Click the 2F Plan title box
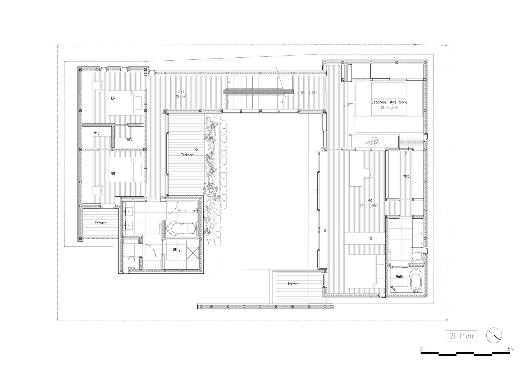coord(461,336)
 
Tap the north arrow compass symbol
coord(494,335)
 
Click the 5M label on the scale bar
coord(510,349)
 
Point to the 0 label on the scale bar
coord(421,349)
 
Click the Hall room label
coord(181,92)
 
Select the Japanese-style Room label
coord(389,102)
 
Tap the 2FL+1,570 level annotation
coord(389,107)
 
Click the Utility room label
coord(176,250)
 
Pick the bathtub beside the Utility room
coord(182,228)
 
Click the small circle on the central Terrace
coord(196,149)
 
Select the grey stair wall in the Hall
coord(258,92)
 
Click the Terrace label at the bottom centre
coord(293,284)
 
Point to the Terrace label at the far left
coord(101,223)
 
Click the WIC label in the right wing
coord(406,177)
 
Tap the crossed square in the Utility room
coord(193,252)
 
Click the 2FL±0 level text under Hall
coord(181,97)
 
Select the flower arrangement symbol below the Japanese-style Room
coord(372,142)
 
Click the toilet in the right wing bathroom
coord(416,256)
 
